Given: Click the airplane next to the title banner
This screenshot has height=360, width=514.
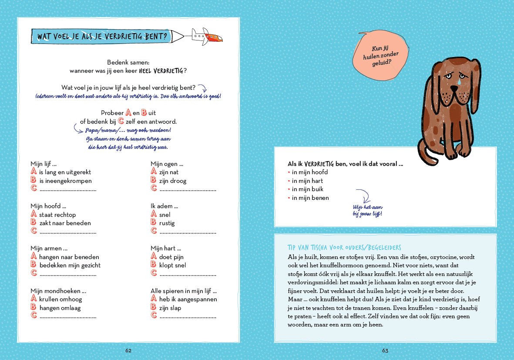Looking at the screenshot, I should (x=207, y=36).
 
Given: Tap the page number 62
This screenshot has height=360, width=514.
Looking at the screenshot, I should (x=128, y=350).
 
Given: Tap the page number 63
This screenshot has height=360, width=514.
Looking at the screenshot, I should (x=385, y=350).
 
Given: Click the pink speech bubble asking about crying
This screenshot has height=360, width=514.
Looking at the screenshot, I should (x=381, y=56).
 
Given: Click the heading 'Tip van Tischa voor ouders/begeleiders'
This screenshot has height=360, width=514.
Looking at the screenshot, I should (x=344, y=247).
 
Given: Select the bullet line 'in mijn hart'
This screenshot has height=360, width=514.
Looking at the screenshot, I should (x=307, y=181).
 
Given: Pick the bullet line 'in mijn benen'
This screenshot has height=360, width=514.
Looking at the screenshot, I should (x=310, y=198).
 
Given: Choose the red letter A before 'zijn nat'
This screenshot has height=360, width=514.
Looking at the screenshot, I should (x=153, y=172).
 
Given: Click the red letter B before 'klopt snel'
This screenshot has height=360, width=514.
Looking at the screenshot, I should (x=153, y=265).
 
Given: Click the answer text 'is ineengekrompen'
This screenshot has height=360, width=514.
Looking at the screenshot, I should (x=65, y=181).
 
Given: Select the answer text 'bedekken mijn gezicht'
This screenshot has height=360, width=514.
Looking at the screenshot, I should (x=70, y=265).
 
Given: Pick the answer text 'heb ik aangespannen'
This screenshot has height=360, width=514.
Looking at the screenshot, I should (x=188, y=299).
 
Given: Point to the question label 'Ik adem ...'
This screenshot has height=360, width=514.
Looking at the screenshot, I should (x=165, y=206).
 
